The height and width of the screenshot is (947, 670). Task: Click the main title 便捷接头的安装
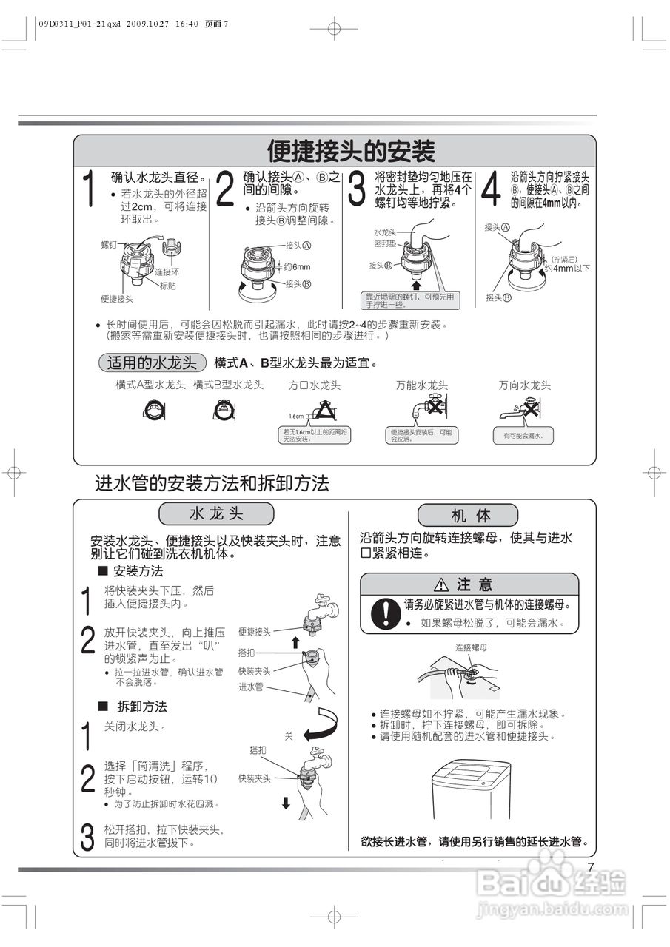point(351,151)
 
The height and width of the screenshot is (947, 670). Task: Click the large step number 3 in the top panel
point(357,189)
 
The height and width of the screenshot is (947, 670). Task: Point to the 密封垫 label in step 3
point(384,243)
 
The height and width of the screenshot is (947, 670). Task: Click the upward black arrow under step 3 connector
point(416,283)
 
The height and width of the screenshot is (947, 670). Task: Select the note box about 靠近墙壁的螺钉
point(410,300)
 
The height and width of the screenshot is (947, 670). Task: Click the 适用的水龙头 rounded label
point(152,363)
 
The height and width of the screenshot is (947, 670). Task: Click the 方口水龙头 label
point(314,385)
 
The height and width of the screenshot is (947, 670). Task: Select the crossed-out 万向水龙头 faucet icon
point(528,409)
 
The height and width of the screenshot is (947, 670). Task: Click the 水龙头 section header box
point(216,513)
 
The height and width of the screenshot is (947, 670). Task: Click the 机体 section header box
point(472,515)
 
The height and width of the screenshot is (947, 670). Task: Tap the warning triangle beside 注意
point(443,584)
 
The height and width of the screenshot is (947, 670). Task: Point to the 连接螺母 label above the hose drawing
point(471,647)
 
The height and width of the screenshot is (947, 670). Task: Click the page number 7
point(591,868)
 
